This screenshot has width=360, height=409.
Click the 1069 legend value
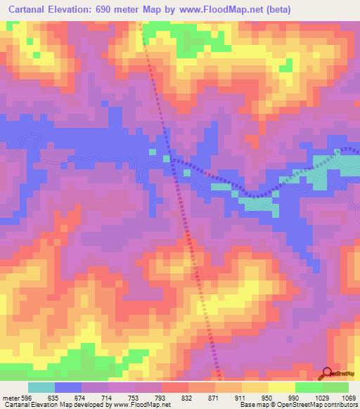tap(349, 398)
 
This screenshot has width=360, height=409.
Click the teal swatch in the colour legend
tap(41, 387)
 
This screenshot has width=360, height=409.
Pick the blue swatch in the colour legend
tap(68, 387)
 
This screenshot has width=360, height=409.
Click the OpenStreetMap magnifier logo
tap(327, 374)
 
